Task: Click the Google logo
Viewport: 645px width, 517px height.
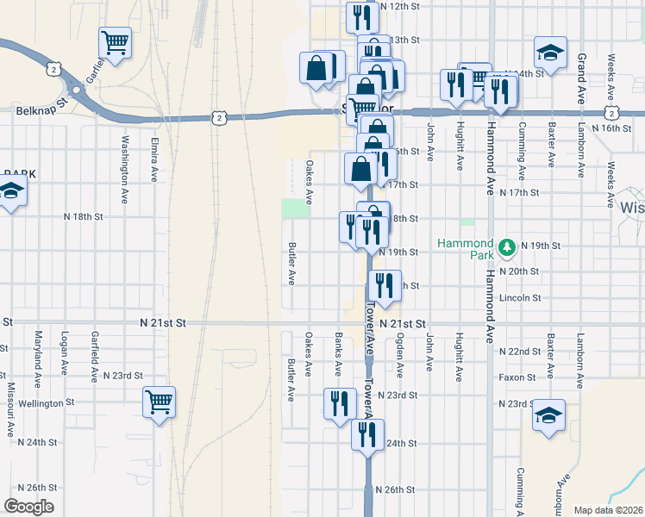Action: (x=28, y=507)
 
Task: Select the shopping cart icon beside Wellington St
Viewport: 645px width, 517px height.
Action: (x=160, y=402)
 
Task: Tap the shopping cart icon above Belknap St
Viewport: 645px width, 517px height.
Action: (x=115, y=41)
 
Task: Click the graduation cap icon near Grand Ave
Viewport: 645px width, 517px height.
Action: (x=549, y=53)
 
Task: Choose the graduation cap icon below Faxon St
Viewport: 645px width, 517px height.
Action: (x=549, y=415)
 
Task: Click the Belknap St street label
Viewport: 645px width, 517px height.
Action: (x=41, y=111)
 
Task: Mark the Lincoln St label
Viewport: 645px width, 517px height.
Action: (x=520, y=298)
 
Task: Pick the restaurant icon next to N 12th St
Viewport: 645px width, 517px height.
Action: (x=361, y=17)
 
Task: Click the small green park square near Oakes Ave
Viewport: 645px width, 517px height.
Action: (x=295, y=208)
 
